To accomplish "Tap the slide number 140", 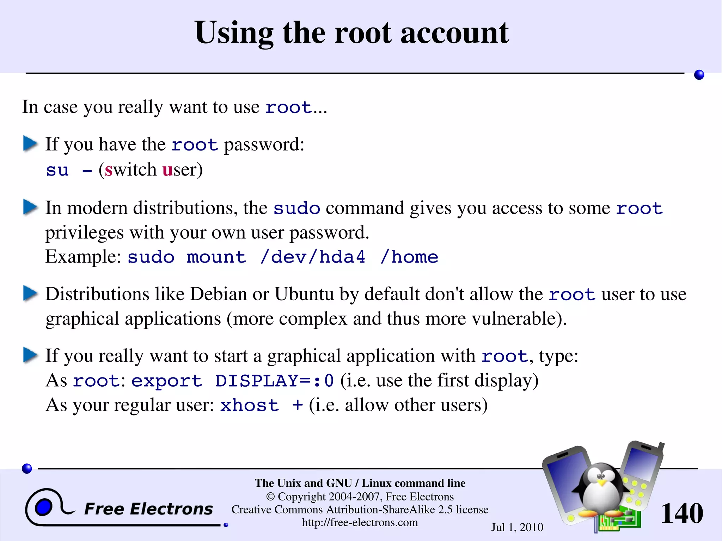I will coord(681,513).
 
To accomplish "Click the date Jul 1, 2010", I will coord(517,527).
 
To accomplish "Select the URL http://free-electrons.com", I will coord(360,522).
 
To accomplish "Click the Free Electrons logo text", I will coord(148,509).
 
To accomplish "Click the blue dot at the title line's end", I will coord(699,75).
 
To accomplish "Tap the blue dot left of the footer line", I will coord(27,468).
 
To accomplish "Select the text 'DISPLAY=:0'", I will coord(274,381).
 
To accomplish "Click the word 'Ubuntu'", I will coord(304,294).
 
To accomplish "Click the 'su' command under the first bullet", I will coord(57,170).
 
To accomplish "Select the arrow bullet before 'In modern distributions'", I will coord(30,207).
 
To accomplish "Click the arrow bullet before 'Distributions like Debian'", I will coord(30,293).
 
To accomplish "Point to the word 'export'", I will coord(166,381).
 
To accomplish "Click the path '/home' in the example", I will coord(409,257).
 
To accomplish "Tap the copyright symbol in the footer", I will coord(270,497).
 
